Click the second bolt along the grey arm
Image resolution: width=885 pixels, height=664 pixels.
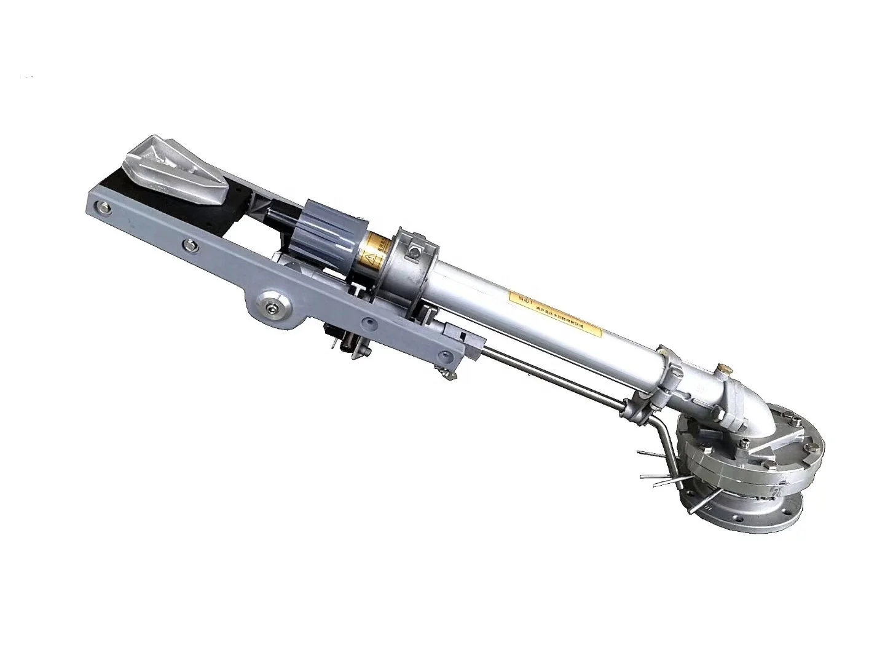(187, 245)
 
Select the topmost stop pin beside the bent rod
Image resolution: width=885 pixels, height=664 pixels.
(651, 453)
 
